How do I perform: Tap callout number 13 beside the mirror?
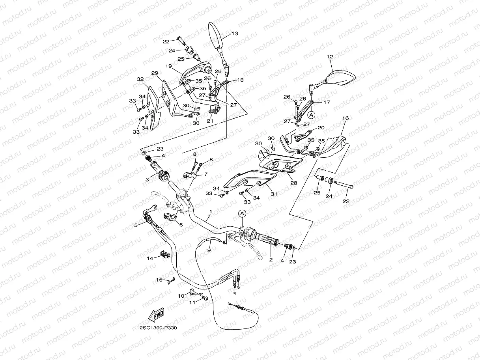click(235, 34)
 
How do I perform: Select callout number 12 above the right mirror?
click(330, 57)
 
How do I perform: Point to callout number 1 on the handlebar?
click(211, 212)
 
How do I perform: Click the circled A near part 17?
click(311, 115)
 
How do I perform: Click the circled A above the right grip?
click(242, 213)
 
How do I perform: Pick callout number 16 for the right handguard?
click(345, 118)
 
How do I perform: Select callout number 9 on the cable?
click(209, 250)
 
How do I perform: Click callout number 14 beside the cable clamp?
click(150, 258)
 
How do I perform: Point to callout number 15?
click(159, 280)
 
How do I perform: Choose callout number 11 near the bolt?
click(192, 302)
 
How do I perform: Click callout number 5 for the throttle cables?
click(136, 226)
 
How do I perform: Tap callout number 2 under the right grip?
click(271, 259)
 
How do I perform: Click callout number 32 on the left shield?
click(140, 79)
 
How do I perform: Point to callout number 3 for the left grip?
click(147, 179)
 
